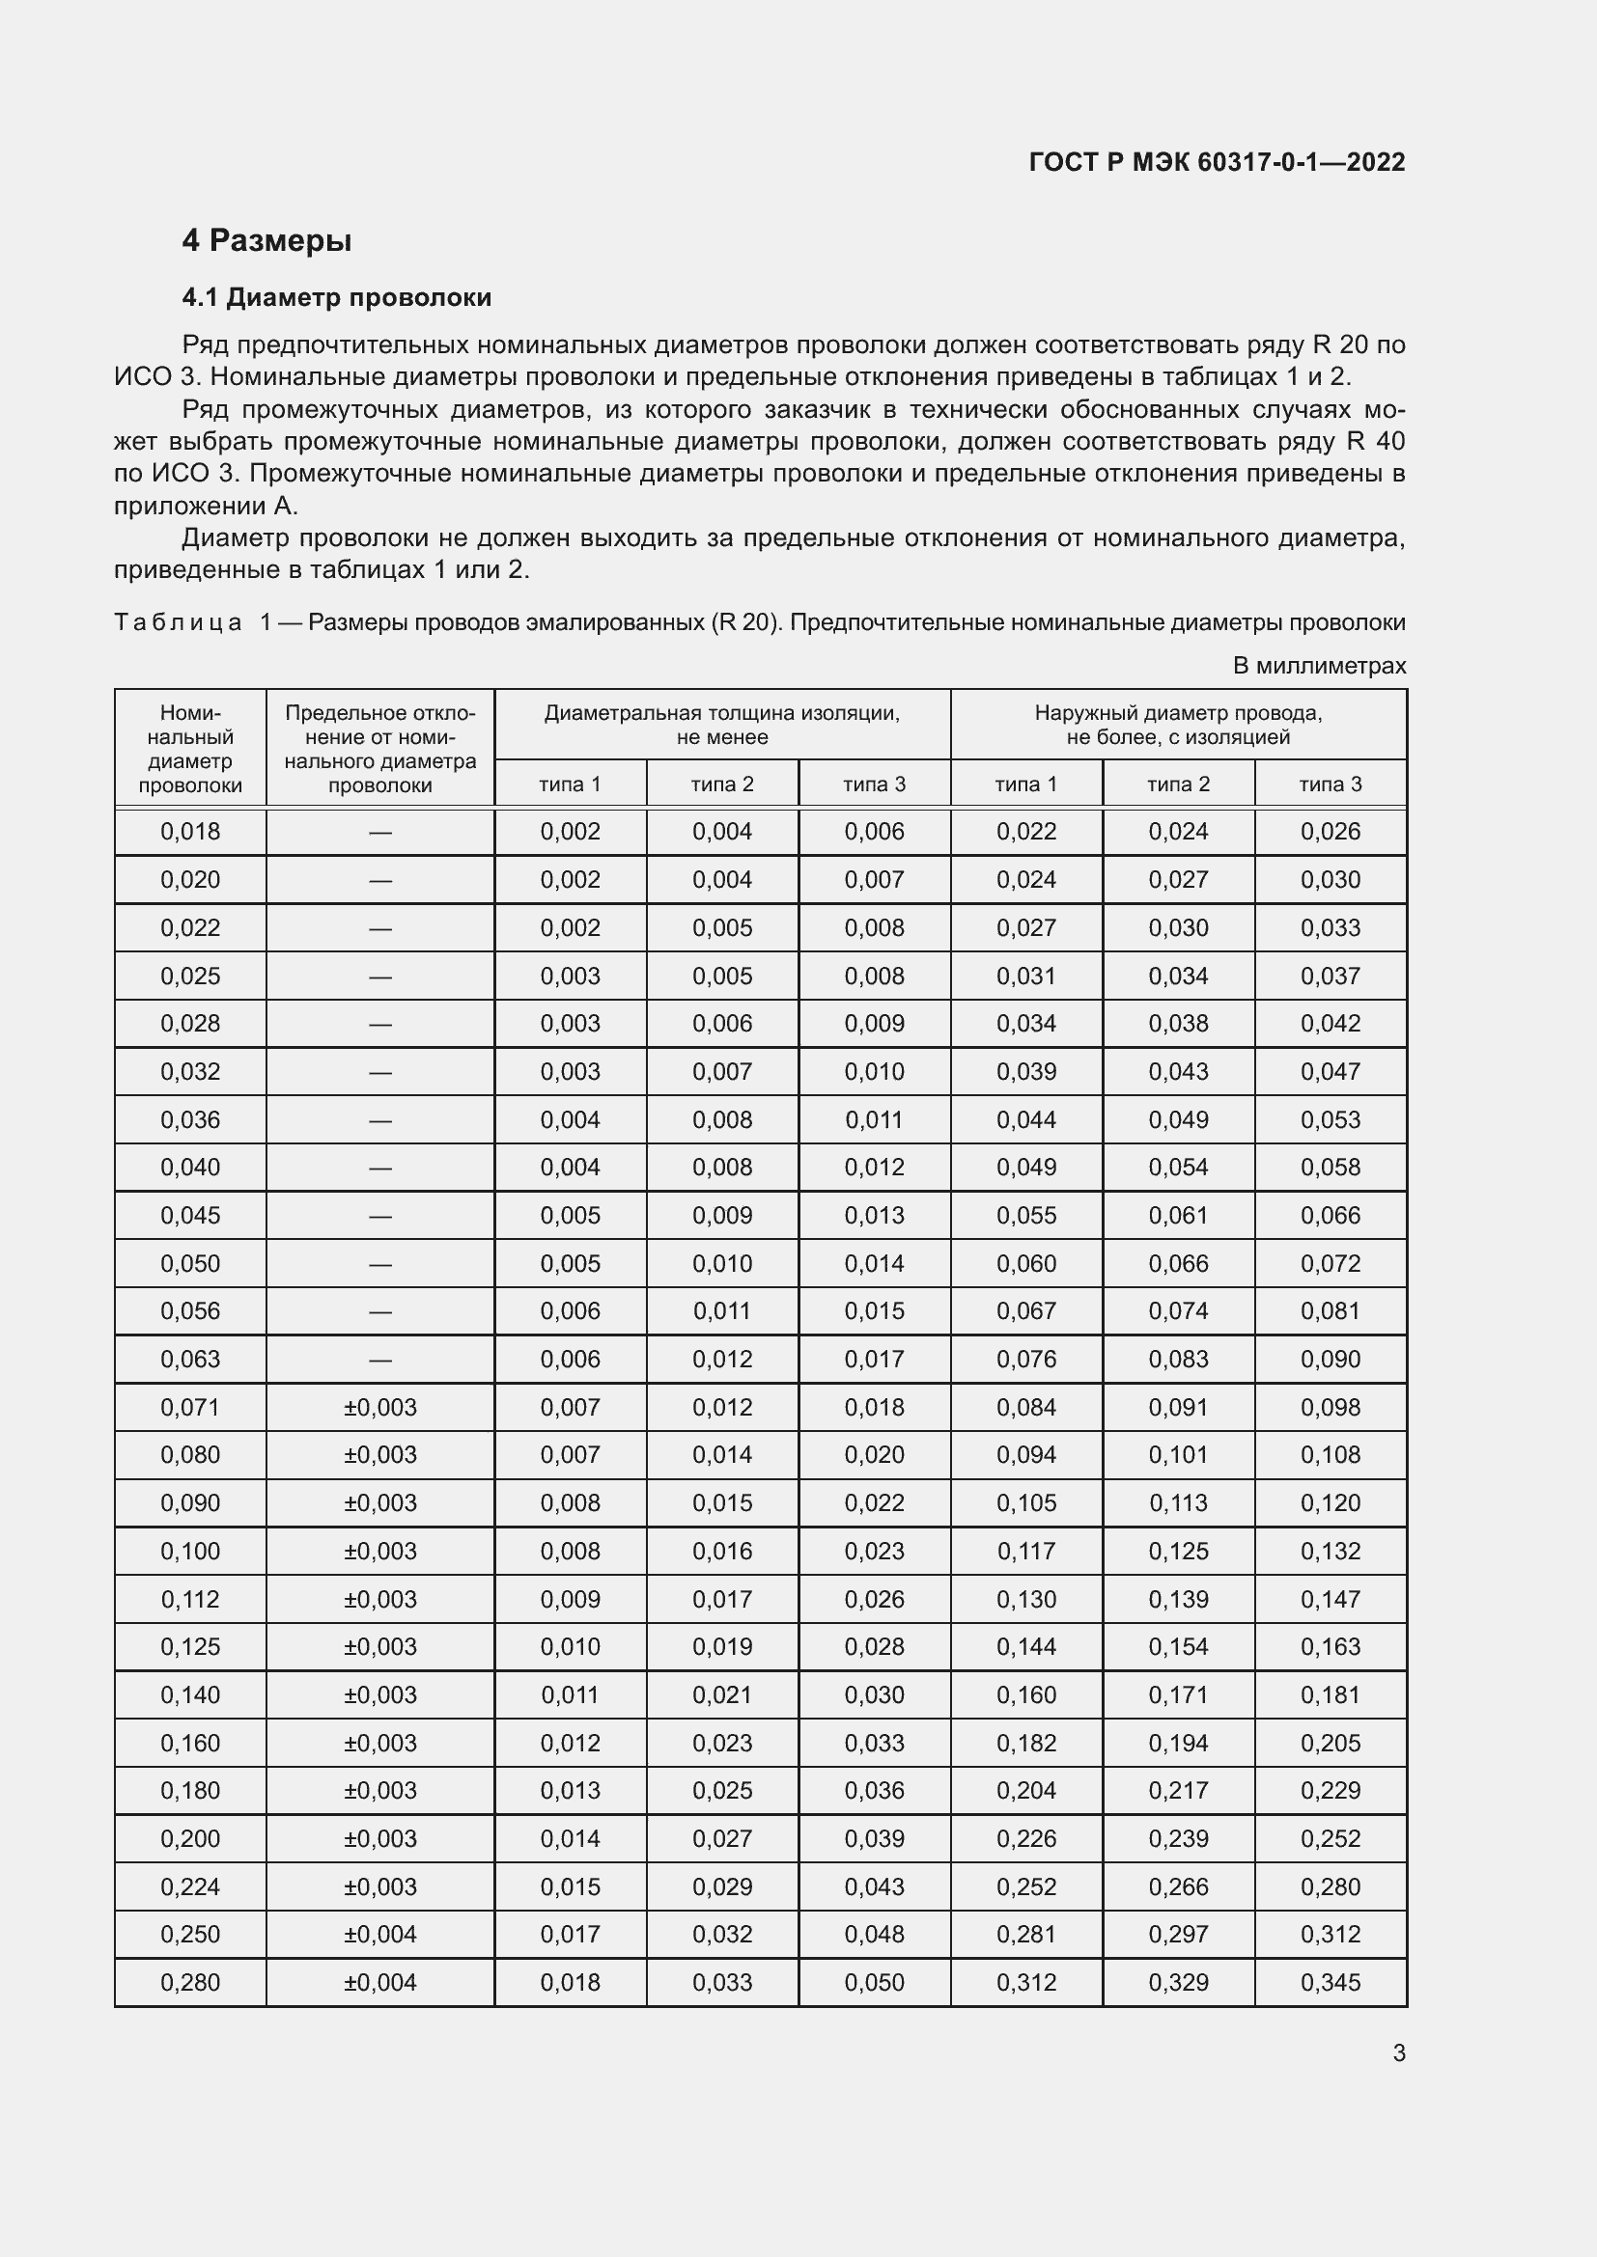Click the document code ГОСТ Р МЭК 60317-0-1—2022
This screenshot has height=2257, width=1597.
[1217, 162]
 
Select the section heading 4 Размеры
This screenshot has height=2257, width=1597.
[266, 240]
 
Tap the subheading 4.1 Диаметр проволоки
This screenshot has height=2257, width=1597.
[336, 297]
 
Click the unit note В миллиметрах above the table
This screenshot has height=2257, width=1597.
[1319, 666]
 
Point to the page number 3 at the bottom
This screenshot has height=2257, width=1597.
[1398, 2052]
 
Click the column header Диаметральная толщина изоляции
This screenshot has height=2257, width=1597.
[722, 713]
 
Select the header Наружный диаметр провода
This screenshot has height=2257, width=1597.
[1177, 713]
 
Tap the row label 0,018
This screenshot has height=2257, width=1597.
[190, 832]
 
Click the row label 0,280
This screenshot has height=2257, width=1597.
[190, 1982]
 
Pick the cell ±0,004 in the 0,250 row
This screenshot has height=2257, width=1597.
[379, 1934]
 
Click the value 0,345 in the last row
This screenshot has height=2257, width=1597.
[1330, 1982]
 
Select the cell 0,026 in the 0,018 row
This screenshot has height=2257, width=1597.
[1330, 832]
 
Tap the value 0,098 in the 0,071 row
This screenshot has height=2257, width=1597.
[1330, 1407]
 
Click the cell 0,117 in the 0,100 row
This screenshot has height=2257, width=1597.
[1025, 1551]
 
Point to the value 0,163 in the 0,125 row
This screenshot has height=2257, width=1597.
[1330, 1646]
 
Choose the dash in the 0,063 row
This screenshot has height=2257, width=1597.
[379, 1361]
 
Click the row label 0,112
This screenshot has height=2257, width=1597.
[190, 1598]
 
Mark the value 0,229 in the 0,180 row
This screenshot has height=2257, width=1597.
[1330, 1790]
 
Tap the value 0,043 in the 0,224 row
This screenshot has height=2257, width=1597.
[873, 1886]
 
